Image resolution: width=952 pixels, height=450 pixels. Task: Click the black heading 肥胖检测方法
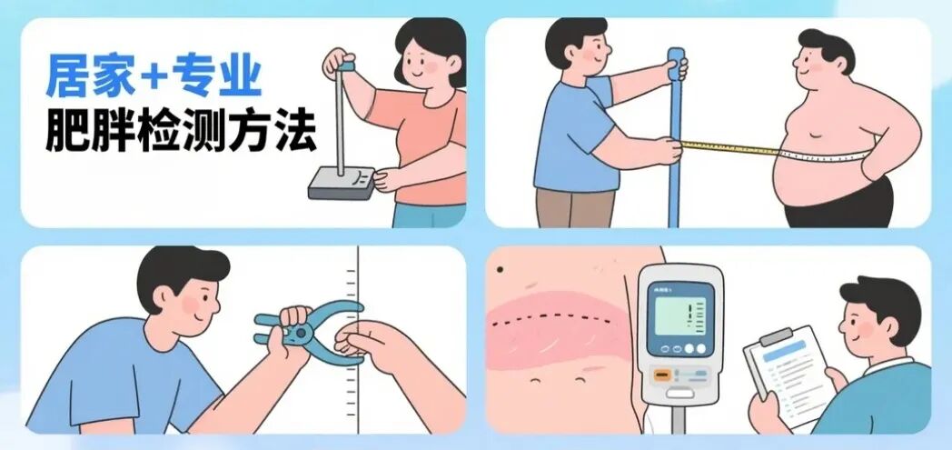click(181, 132)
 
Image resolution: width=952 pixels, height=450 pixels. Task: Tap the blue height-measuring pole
click(673, 136)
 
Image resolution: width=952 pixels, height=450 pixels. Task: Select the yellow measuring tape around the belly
click(727, 147)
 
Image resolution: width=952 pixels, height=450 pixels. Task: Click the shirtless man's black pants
click(836, 205)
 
